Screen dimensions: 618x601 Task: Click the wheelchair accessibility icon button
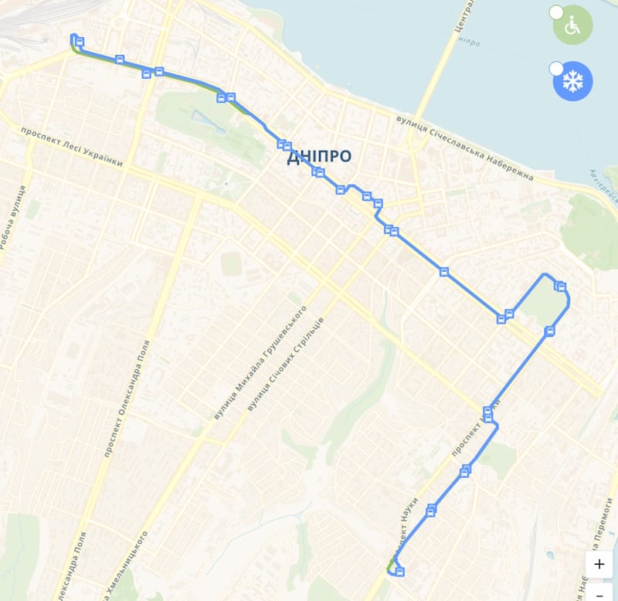coord(572,26)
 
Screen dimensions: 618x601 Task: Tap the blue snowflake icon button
coord(572,81)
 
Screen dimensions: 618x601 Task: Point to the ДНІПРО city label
coord(319,157)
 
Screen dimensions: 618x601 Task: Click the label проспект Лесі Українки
coord(72,147)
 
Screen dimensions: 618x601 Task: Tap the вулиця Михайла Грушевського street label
coord(260,362)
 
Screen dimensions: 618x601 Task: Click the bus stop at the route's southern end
coord(399,572)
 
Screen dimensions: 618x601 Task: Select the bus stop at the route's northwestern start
coord(80,42)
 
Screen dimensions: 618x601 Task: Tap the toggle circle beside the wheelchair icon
coord(555,12)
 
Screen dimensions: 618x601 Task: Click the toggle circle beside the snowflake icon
coord(555,69)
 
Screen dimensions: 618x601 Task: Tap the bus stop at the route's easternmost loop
coord(562,287)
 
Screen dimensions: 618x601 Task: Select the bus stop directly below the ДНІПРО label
coord(319,172)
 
